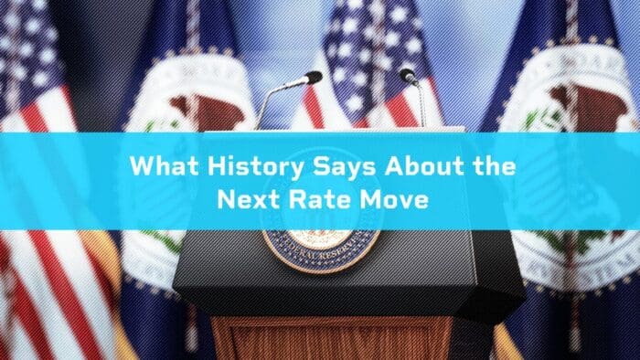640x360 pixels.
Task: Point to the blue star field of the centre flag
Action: pos(375,37)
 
